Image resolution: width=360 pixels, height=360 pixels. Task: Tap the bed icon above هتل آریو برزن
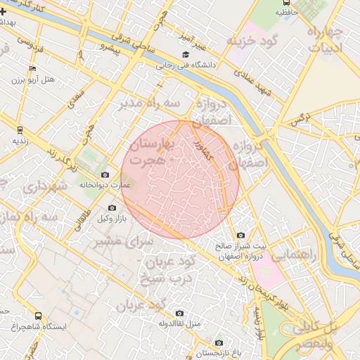[x=33, y=68]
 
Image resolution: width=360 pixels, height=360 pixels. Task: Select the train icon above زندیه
[x=20, y=129]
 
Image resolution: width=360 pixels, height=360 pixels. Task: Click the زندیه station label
[x=20, y=141]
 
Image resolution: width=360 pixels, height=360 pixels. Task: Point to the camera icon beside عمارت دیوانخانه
[x=105, y=174]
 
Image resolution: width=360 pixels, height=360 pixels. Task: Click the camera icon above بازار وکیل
[x=112, y=207]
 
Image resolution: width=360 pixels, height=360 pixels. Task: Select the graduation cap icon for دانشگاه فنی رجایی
[x=186, y=54]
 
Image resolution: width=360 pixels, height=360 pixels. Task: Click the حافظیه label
[x=285, y=13]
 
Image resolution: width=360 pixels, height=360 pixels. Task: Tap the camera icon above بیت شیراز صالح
[x=241, y=235]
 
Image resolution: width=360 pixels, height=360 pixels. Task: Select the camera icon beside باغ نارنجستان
[x=219, y=342]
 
